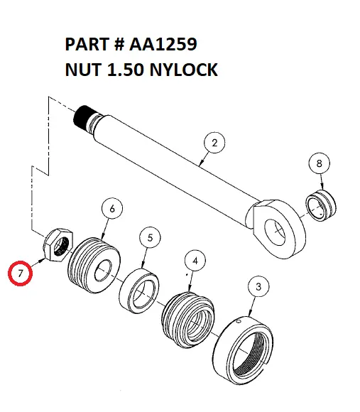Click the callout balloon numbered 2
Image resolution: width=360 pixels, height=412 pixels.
[x=214, y=143]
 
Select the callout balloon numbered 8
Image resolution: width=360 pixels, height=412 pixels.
[x=319, y=163]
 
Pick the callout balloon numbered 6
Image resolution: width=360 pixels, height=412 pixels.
[x=112, y=208]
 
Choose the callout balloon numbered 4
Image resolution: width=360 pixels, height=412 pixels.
[x=196, y=261]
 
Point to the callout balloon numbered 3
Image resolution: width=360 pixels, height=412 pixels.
[x=258, y=287]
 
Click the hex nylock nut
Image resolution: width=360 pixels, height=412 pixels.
[x=58, y=245]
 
